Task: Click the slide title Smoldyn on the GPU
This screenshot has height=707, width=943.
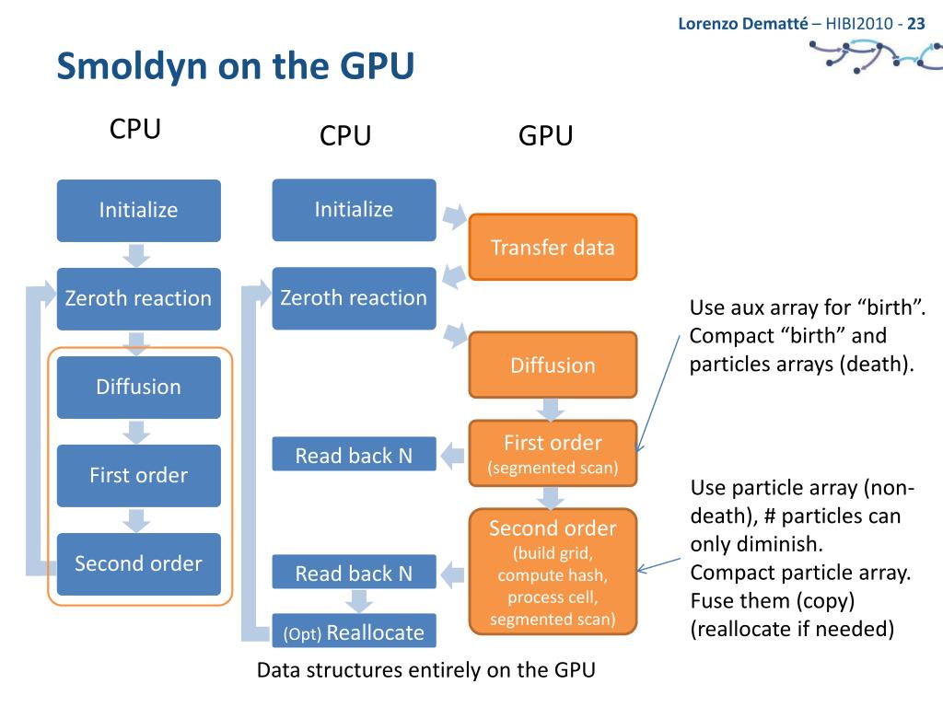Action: click(235, 65)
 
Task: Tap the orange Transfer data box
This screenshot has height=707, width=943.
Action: click(553, 247)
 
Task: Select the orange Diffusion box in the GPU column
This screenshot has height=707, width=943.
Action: click(553, 365)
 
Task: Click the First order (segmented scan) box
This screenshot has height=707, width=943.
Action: click(553, 453)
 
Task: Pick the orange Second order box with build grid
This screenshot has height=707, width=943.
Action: click(553, 572)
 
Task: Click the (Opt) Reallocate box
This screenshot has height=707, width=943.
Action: click(355, 631)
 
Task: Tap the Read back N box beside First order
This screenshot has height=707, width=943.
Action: click(355, 454)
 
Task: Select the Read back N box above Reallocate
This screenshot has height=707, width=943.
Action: click(355, 572)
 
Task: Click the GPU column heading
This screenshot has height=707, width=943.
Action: click(545, 135)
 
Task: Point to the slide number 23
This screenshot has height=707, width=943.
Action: click(916, 23)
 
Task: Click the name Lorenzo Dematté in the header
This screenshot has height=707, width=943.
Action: click(743, 23)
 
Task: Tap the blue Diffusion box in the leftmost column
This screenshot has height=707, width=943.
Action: click(139, 388)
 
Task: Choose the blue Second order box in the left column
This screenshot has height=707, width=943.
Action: click(139, 564)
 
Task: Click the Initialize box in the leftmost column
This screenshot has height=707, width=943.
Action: click(139, 211)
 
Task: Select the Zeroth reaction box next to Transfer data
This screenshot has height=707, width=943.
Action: click(355, 298)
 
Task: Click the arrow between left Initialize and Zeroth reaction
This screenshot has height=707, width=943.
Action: click(137, 255)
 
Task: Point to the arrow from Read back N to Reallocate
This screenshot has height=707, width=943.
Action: click(359, 601)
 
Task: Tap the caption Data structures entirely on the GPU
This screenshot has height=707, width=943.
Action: click(425, 670)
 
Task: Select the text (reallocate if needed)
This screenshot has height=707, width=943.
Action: click(792, 629)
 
